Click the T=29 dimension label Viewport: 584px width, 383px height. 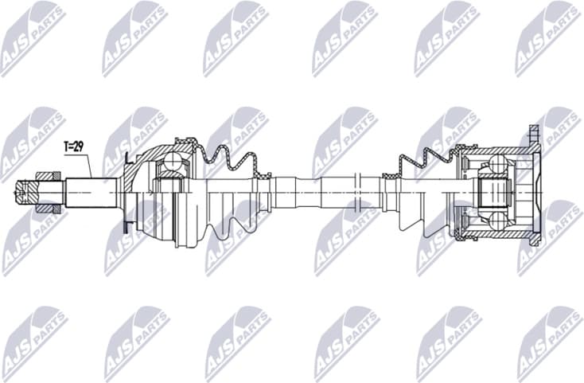(73, 147)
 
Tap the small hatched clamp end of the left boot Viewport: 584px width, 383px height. (263, 170)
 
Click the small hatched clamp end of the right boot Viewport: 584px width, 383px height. (389, 173)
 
